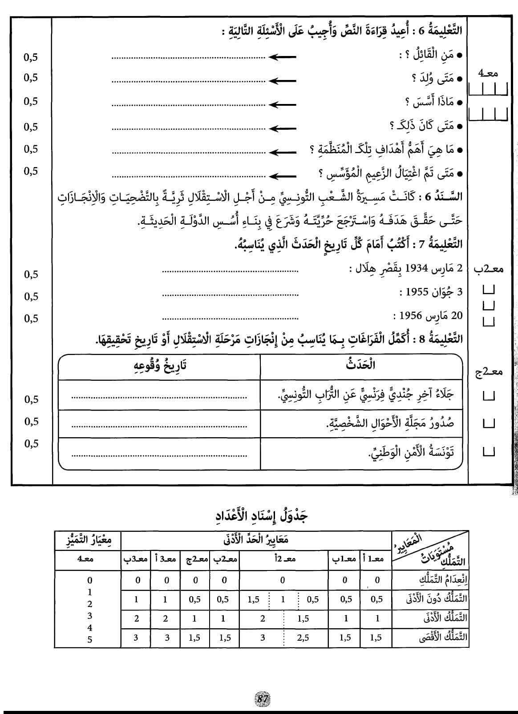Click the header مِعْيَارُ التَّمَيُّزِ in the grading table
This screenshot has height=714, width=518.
pos(87,541)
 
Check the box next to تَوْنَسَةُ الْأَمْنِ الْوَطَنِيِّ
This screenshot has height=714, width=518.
pos(489,453)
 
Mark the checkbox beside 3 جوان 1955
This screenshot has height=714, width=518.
pos(489,291)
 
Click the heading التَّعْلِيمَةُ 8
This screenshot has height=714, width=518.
pos(439,340)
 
